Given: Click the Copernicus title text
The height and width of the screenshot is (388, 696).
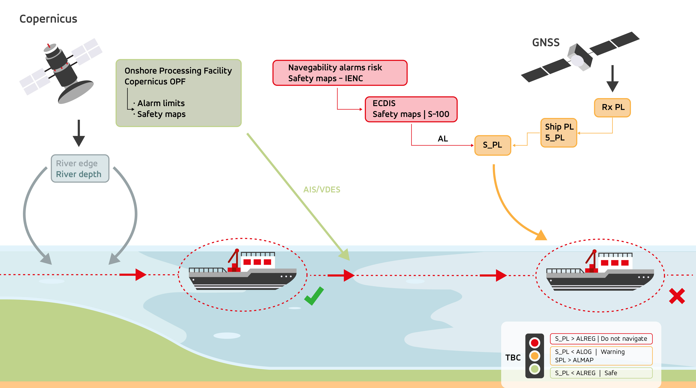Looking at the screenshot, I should (x=48, y=19).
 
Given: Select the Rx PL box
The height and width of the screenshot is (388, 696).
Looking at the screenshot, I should (x=612, y=108).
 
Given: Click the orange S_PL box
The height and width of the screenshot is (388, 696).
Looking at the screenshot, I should (x=493, y=145).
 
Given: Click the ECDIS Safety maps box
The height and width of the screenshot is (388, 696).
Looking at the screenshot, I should (x=411, y=109).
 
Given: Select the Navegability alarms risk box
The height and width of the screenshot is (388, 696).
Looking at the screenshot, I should (x=340, y=73).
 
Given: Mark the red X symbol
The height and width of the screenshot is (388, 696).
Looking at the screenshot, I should (x=677, y=296).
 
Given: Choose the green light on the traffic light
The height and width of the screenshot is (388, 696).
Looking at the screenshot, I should (x=534, y=369).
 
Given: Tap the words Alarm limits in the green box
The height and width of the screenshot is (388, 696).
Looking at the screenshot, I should (x=161, y=103).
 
